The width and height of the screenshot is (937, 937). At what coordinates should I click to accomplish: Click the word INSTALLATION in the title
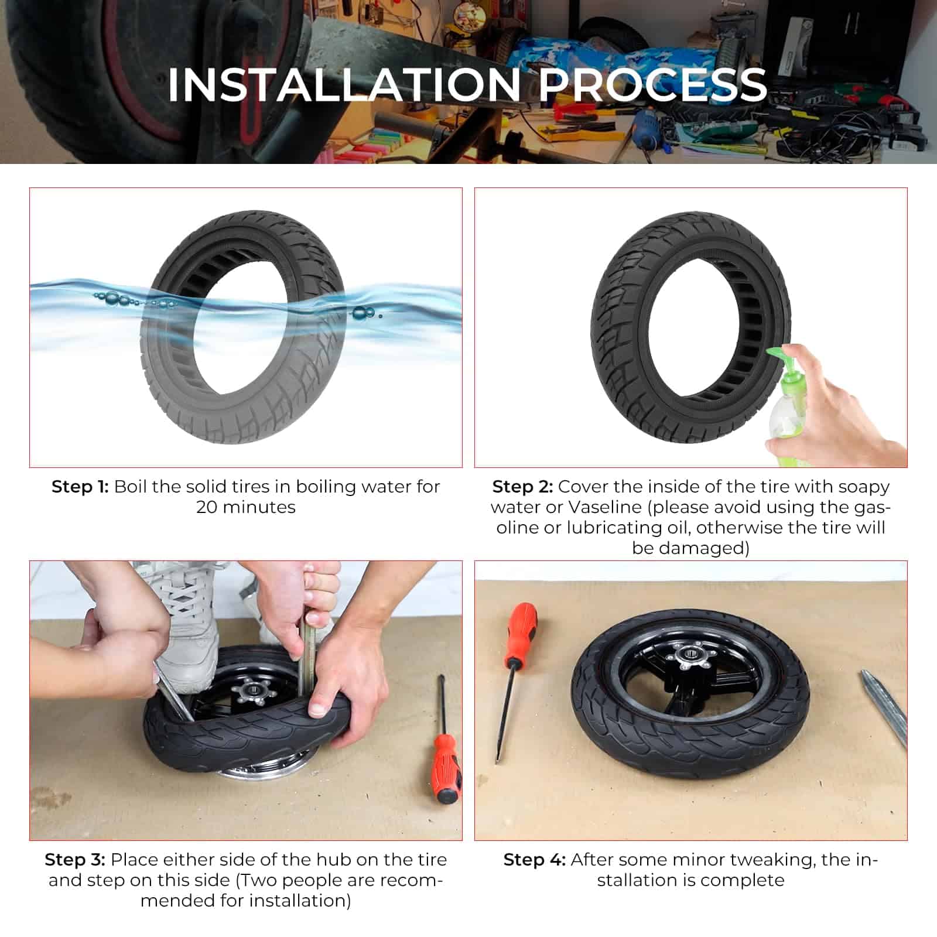(344, 85)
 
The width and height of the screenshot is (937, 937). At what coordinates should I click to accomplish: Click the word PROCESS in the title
(653, 85)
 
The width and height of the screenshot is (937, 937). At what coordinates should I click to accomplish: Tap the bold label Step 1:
(80, 487)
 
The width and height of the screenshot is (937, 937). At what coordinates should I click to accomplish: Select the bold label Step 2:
(522, 487)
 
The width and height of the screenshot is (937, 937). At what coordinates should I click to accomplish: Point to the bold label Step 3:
(75, 860)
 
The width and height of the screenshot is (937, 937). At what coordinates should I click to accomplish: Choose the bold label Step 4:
(535, 860)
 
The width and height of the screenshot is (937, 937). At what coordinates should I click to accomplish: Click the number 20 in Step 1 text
(207, 507)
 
